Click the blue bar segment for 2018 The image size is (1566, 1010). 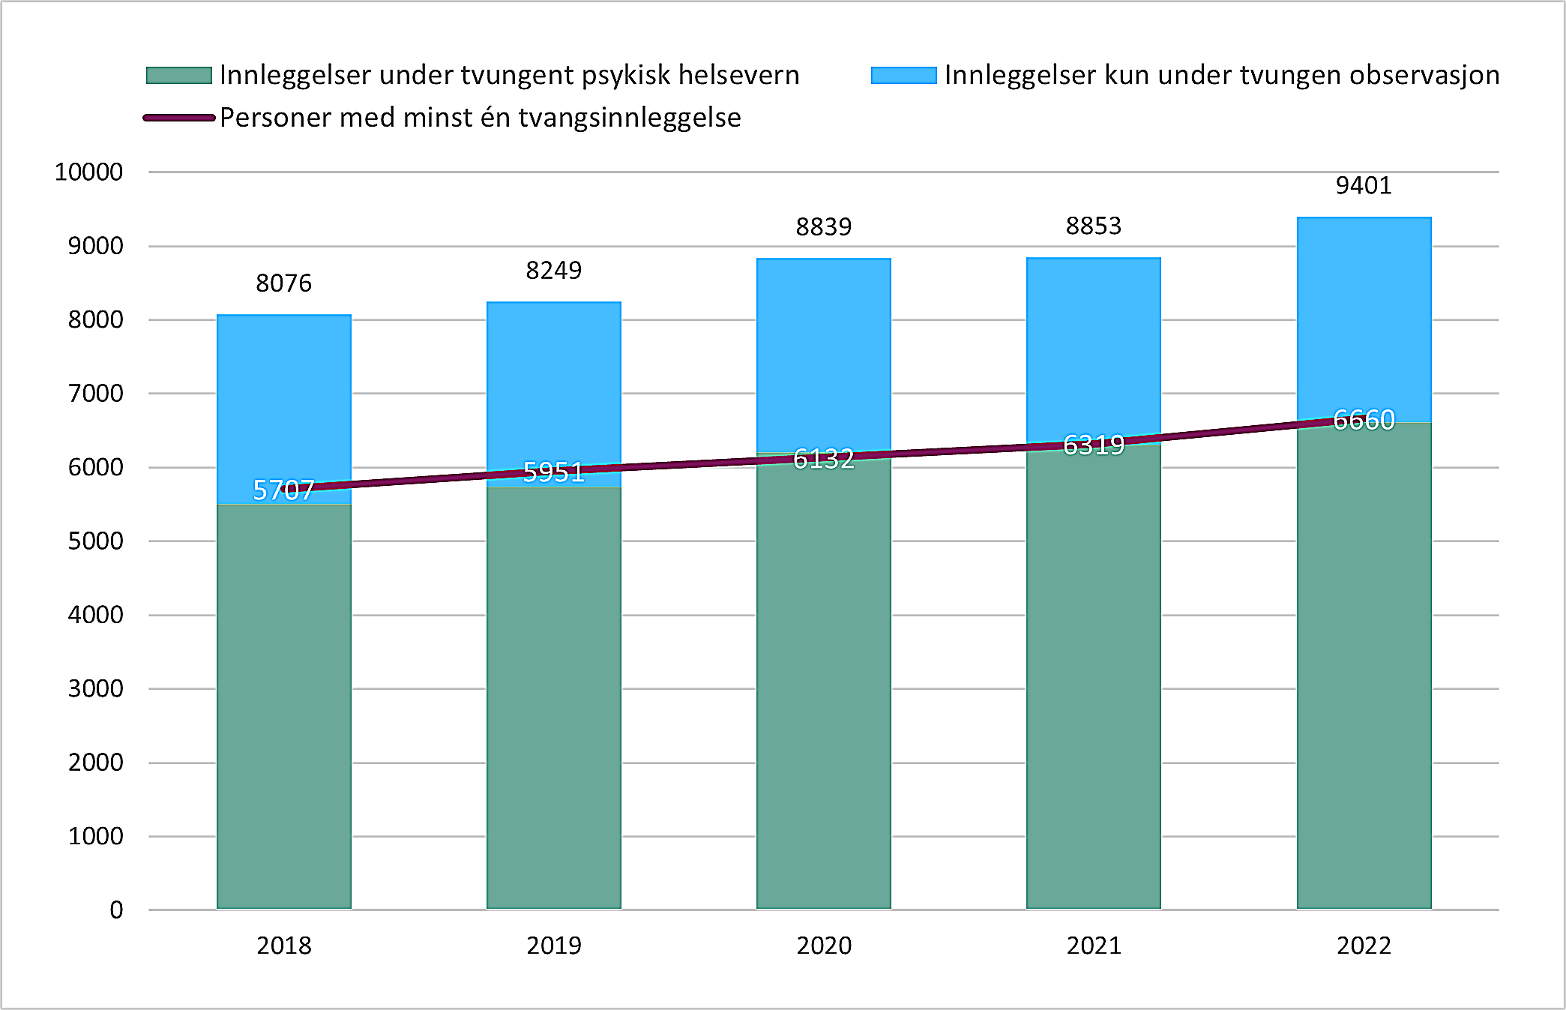[x=284, y=397]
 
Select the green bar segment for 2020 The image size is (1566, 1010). [x=824, y=682]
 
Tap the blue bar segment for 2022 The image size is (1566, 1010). [x=1364, y=315]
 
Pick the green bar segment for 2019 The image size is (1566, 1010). [x=554, y=697]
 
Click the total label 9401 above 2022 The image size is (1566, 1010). [x=1364, y=185]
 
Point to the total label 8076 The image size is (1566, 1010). [x=283, y=283]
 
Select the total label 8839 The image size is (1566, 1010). [x=824, y=226]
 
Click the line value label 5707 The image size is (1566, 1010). [x=283, y=490]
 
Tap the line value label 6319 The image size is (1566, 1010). [x=1094, y=445]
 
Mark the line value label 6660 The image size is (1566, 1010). [x=1364, y=420]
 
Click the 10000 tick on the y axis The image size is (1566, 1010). [x=88, y=172]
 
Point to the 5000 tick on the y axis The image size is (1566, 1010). [x=95, y=541]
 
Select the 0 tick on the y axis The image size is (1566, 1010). [x=116, y=910]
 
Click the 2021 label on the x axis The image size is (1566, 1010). [x=1094, y=946]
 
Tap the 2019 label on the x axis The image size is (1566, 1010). [x=554, y=946]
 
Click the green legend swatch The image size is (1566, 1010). [x=179, y=76]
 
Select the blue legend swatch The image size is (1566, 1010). [x=903, y=76]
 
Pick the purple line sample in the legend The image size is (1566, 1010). [x=179, y=118]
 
